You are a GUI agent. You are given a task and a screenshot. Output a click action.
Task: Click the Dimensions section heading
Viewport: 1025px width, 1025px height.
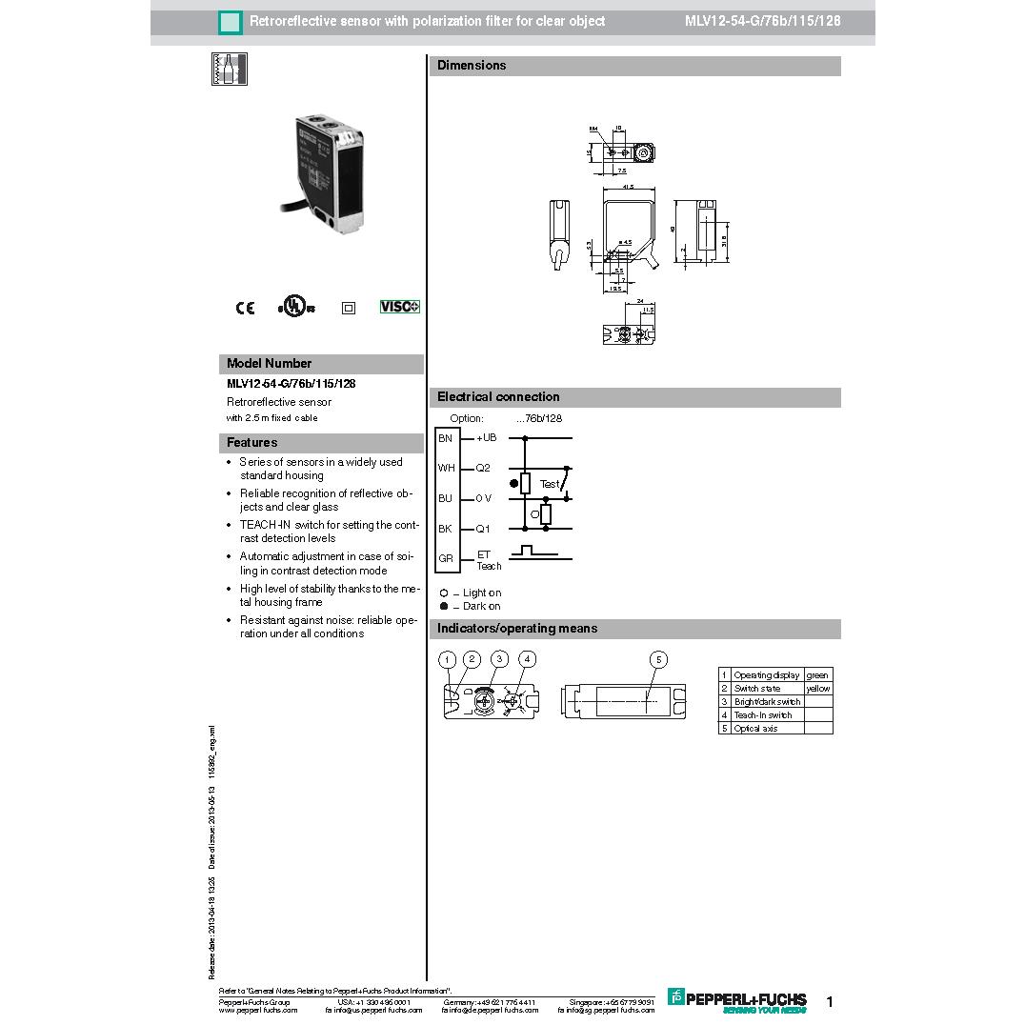tap(472, 66)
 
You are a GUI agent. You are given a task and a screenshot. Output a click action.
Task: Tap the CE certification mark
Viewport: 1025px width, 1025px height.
tap(245, 308)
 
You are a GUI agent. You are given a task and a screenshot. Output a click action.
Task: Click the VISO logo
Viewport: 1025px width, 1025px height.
tap(400, 307)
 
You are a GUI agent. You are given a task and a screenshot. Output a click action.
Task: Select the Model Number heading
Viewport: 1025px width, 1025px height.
tap(270, 364)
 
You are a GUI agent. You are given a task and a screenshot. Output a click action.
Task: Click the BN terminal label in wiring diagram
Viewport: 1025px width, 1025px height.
tap(445, 438)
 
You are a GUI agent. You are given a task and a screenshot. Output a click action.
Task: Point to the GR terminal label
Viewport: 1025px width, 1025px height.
tap(446, 558)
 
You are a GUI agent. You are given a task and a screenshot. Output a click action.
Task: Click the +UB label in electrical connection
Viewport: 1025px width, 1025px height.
tap(487, 438)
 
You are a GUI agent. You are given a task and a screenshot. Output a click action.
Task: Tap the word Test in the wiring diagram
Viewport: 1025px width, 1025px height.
tap(550, 484)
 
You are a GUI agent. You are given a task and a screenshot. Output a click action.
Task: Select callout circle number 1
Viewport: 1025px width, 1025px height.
tap(447, 659)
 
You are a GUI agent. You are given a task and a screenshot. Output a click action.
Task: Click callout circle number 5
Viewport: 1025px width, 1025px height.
tap(658, 659)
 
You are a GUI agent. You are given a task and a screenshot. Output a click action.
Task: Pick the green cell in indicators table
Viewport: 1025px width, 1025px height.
tap(817, 675)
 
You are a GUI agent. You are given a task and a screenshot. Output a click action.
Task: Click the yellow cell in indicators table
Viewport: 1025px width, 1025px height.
tap(817, 689)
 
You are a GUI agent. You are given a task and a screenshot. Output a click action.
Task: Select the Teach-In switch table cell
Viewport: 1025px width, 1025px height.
tap(763, 715)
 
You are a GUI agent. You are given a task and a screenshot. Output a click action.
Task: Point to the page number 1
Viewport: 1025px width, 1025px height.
tap(830, 1002)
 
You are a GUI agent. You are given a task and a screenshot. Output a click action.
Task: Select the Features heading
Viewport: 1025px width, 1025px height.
tap(252, 443)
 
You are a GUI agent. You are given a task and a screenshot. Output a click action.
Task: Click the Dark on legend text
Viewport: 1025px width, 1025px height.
tap(481, 607)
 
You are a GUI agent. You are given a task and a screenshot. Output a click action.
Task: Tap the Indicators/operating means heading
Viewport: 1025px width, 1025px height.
tap(517, 629)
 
